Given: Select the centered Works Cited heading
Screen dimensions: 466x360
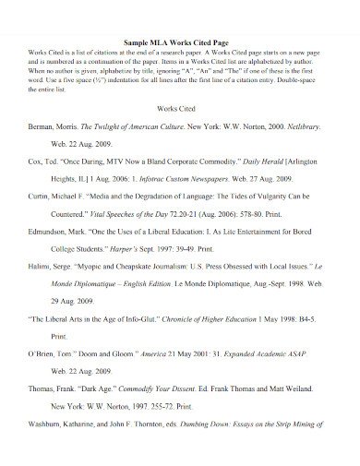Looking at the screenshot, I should click(x=179, y=134).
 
